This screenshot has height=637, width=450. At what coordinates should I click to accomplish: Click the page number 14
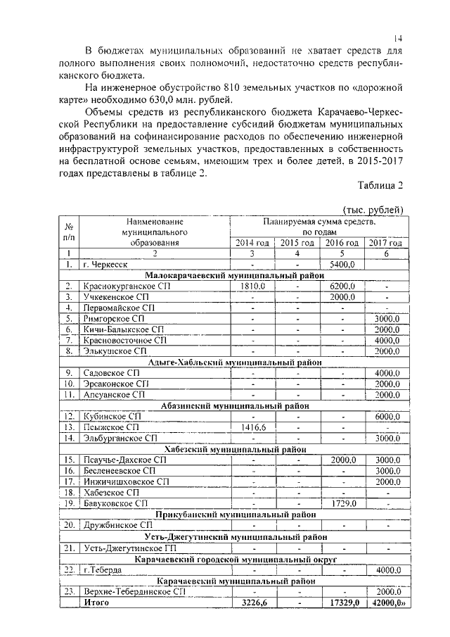pyautogui.click(x=397, y=37)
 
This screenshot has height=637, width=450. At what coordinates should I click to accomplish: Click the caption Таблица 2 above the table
pyautogui.click(x=380, y=186)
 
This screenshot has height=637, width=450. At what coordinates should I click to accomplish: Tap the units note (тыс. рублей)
pyautogui.click(x=372, y=209)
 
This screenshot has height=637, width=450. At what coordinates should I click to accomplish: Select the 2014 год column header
pyautogui.click(x=252, y=243)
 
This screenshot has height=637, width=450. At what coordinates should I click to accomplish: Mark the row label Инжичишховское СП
pyautogui.click(x=126, y=482)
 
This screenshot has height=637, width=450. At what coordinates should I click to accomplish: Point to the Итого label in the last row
pyautogui.click(x=96, y=603)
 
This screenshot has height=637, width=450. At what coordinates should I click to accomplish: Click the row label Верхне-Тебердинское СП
pyautogui.click(x=134, y=592)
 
